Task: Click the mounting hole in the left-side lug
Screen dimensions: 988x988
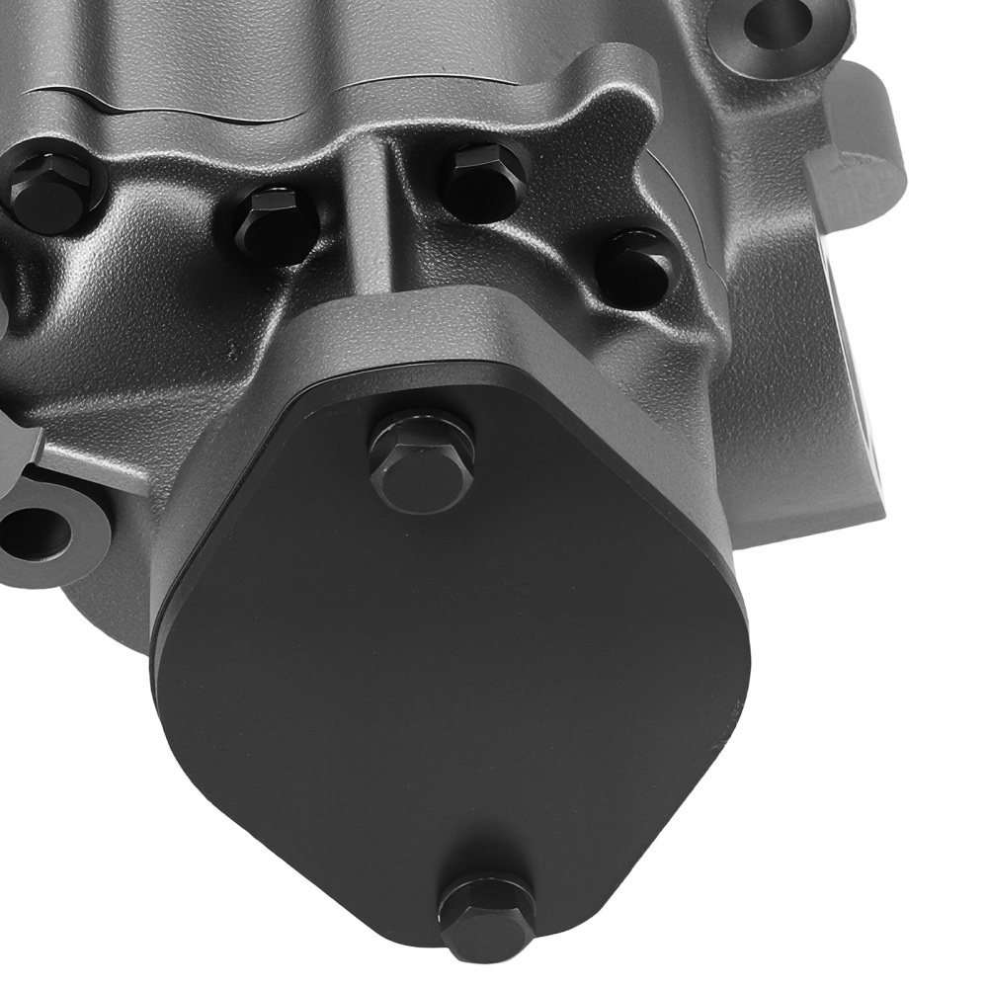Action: [x=34, y=534]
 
